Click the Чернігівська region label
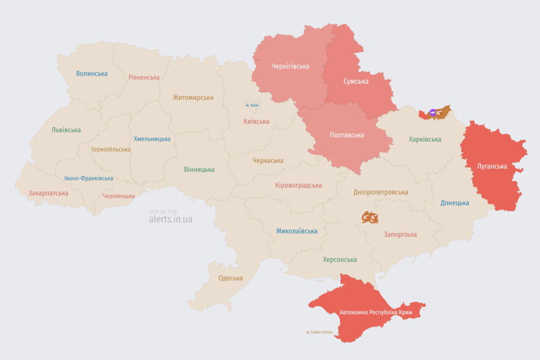pyautogui.click(x=290, y=66)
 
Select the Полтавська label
pyautogui.click(x=346, y=135)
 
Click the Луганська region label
pyautogui.click(x=491, y=166)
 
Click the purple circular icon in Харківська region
pyautogui.click(x=432, y=112)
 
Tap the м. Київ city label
pyautogui.click(x=252, y=105)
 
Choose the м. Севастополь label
pyautogui.click(x=319, y=332)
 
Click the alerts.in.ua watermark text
pyautogui.click(x=170, y=219)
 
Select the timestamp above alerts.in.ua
pyautogui.click(x=163, y=211)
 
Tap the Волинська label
pyautogui.click(x=92, y=74)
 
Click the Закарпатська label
pyautogui.click(x=49, y=193)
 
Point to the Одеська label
pyautogui.click(x=230, y=278)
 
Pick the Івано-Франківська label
pyautogui.click(x=89, y=178)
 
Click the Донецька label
pyautogui.click(x=455, y=203)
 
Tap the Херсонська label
pyautogui.click(x=340, y=259)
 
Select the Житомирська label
pyautogui.click(x=193, y=98)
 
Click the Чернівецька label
pyautogui.click(x=118, y=196)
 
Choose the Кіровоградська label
pyautogui.click(x=298, y=186)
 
